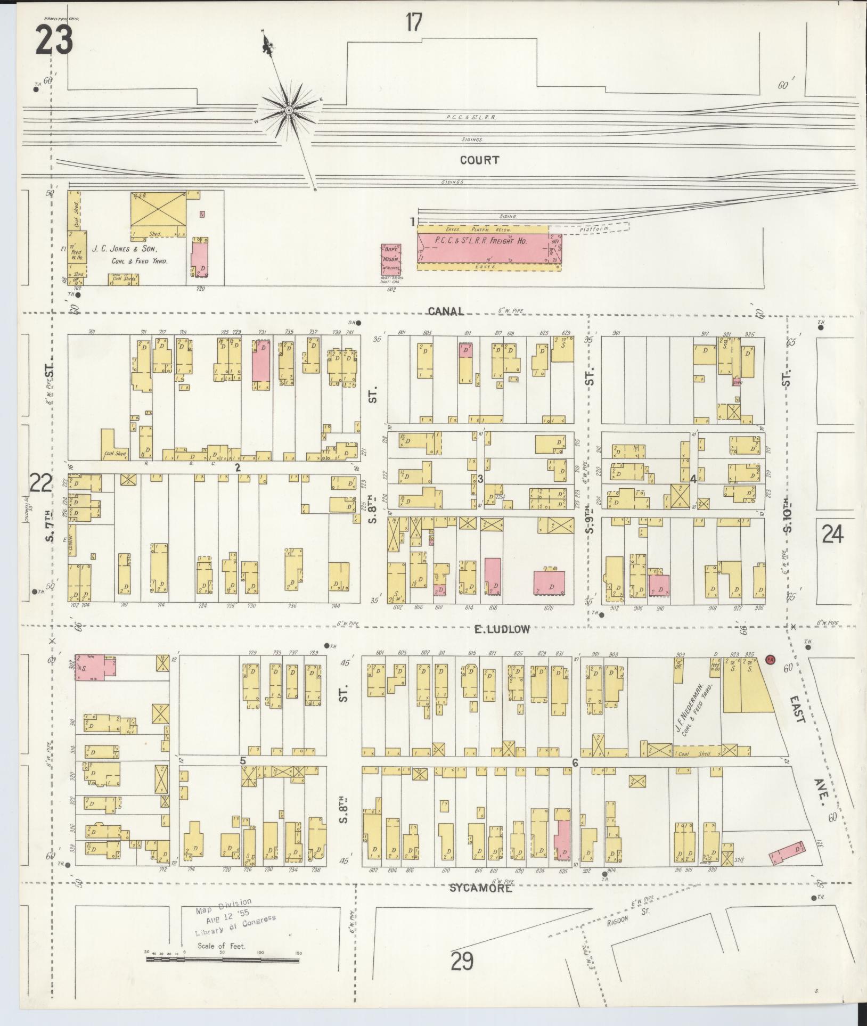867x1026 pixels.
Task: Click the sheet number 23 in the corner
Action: (54, 41)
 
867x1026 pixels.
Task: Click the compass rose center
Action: (289, 110)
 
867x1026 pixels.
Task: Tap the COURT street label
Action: (480, 160)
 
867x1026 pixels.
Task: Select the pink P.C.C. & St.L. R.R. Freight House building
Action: (483, 249)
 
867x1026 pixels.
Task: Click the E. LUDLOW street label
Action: (502, 629)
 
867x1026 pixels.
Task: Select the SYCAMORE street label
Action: (481, 888)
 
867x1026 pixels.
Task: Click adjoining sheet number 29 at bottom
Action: (462, 962)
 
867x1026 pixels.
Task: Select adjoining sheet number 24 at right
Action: (832, 533)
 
